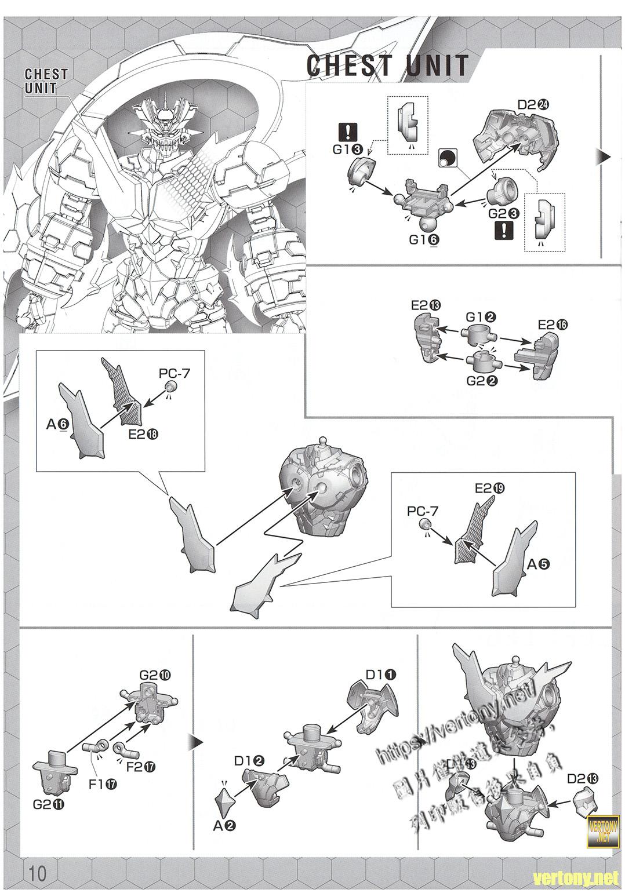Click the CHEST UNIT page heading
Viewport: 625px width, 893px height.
pyautogui.click(x=387, y=65)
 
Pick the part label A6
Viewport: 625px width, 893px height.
pyautogui.click(x=58, y=425)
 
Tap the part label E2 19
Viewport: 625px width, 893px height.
pyautogui.click(x=490, y=488)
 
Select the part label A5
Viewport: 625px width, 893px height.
pyautogui.click(x=539, y=563)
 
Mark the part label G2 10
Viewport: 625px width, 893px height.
pyautogui.click(x=155, y=675)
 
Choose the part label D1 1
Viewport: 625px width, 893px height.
pyautogui.click(x=381, y=674)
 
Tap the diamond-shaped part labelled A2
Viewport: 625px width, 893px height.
pyautogui.click(x=224, y=799)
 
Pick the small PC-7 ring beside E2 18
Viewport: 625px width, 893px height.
pyautogui.click(x=170, y=387)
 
